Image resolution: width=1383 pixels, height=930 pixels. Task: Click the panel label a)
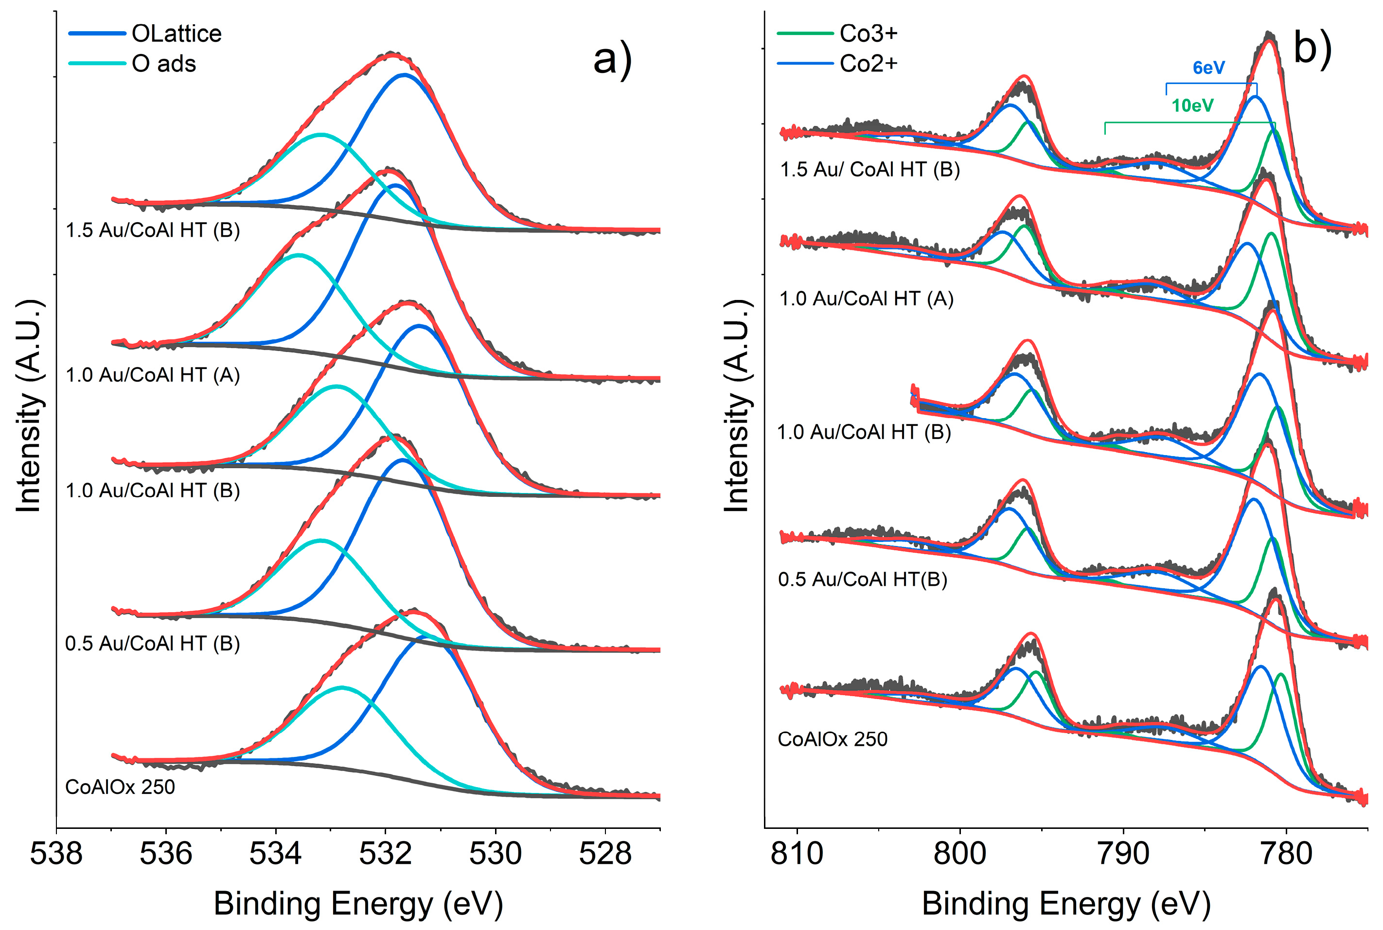(612, 59)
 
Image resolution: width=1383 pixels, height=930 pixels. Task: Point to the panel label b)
(1312, 48)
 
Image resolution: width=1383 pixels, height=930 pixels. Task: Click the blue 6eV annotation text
(1208, 68)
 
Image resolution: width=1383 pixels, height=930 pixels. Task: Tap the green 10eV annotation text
(1192, 105)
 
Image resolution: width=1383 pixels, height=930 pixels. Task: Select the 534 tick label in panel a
(275, 854)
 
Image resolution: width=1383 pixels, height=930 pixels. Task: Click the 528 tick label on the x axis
(605, 854)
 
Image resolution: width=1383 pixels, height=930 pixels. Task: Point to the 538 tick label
(56, 854)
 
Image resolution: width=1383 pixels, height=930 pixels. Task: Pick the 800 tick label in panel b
(959, 854)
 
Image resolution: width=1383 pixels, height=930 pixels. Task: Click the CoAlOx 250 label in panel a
(120, 787)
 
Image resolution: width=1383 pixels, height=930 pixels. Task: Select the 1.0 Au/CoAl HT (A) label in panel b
(866, 298)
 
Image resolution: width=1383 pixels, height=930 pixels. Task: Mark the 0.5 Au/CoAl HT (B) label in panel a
(153, 644)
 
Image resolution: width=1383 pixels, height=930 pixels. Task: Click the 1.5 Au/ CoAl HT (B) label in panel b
(870, 170)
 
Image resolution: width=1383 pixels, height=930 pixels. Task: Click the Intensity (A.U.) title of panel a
(29, 406)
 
